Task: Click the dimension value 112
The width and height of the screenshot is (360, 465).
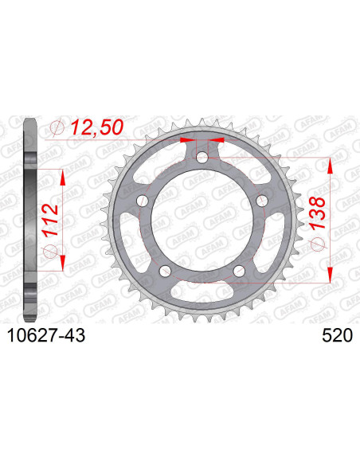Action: point(49,217)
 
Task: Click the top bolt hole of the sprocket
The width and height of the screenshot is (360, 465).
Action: point(202,159)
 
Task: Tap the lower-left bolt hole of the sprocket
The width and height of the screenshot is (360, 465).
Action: point(166,271)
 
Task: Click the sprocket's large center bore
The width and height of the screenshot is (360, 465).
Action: point(202,221)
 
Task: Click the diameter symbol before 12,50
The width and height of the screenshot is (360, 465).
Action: point(57,128)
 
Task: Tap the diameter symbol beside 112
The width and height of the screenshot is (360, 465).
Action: point(49,252)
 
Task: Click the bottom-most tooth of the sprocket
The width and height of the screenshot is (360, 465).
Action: point(202,322)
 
